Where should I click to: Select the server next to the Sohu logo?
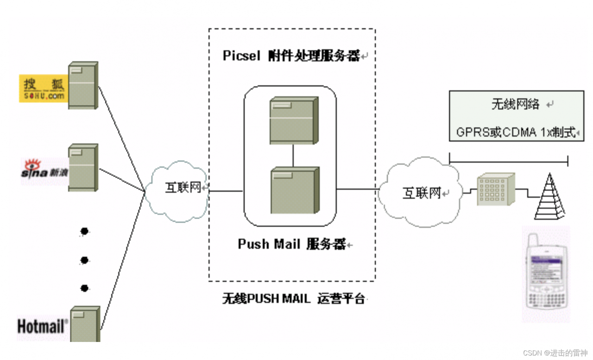[x=83, y=86]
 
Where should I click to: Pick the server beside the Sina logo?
[x=83, y=167]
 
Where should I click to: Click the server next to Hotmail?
[x=85, y=324]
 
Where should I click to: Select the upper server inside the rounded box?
[x=294, y=120]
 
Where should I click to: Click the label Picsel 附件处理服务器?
[x=292, y=56]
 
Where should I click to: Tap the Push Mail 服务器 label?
[x=292, y=244]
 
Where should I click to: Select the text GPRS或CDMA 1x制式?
[x=515, y=133]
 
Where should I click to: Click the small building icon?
[x=496, y=189]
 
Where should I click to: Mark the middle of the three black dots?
[x=84, y=260]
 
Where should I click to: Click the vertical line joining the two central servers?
[x=293, y=155]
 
